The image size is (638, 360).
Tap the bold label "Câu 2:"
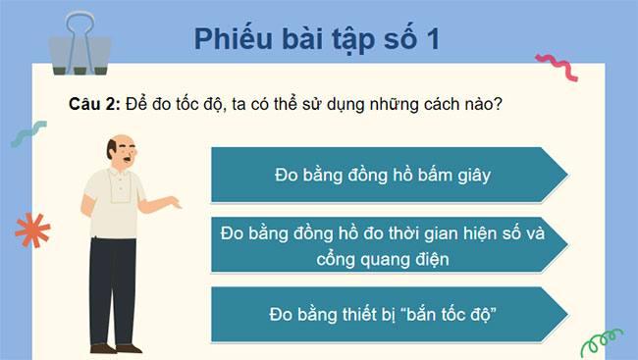tap(93, 105)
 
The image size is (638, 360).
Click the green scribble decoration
tap(598, 342)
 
